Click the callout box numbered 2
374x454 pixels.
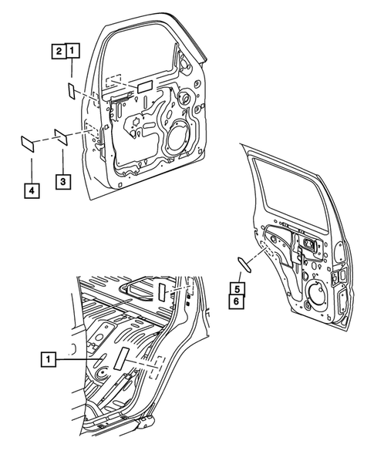coord(59,52)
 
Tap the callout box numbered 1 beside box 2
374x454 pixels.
coord(72,52)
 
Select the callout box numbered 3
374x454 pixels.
coord(62,181)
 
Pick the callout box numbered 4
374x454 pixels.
coord(31,190)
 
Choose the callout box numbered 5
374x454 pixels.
coord(239,288)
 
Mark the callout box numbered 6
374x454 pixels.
coord(239,301)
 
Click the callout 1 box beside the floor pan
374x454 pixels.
coord(48,358)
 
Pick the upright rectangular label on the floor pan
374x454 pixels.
coord(123,361)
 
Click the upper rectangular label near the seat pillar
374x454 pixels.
coord(163,291)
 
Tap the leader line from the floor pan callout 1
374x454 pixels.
coord(77,358)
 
